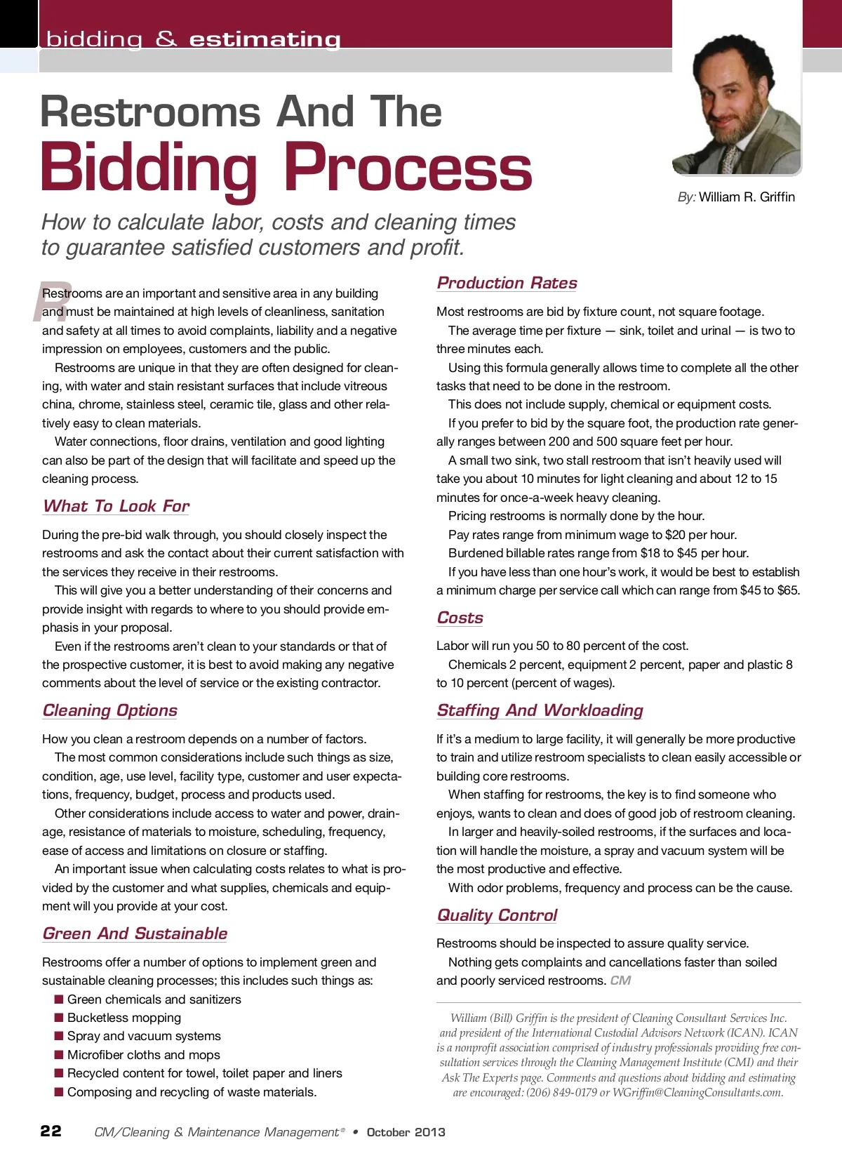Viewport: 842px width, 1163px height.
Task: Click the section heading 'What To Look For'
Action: pos(116,506)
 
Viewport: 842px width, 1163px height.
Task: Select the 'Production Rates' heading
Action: pos(507,283)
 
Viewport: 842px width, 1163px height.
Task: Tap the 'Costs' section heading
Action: pos(460,618)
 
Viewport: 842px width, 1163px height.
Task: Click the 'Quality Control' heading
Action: pos(497,915)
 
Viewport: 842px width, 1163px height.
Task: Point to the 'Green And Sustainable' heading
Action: pos(135,933)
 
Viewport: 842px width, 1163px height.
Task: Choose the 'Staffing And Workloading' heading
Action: pos(540,710)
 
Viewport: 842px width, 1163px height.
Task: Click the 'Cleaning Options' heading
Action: pos(109,710)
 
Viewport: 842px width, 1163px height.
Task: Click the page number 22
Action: pos(51,1131)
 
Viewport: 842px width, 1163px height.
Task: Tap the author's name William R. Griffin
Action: pos(747,197)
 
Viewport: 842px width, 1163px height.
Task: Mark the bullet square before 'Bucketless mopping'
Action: pos(59,1017)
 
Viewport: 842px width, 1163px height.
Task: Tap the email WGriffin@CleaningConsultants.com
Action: pos(697,1093)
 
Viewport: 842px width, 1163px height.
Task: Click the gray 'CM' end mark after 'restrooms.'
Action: pos(620,981)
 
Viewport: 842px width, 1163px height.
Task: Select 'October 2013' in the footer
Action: pos(406,1132)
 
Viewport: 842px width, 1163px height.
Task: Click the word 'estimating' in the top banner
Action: pos(265,40)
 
